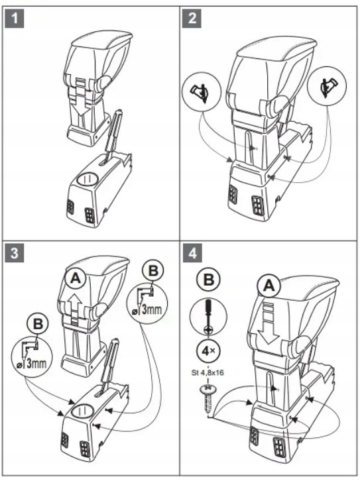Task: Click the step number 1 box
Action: [14, 19]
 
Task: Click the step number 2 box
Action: [192, 19]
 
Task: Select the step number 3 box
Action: [14, 253]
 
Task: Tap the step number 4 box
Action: [192, 253]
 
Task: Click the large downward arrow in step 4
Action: [267, 323]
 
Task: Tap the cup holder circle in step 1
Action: [87, 180]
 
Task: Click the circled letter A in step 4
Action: [269, 286]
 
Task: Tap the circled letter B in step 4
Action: [209, 280]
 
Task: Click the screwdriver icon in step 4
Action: [208, 318]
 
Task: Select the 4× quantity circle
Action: [208, 351]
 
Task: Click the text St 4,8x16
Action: [208, 373]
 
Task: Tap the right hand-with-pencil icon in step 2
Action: [327, 86]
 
